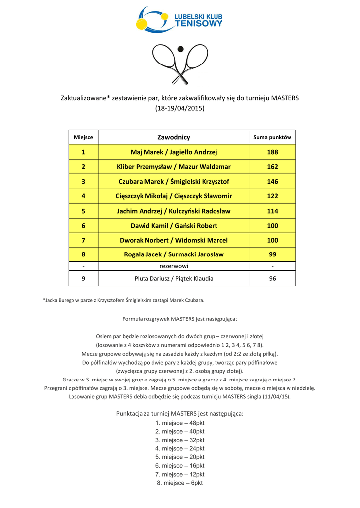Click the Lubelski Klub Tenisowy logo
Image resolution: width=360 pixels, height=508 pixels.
click(x=179, y=20)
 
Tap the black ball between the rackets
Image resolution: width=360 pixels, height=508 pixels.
click(x=180, y=49)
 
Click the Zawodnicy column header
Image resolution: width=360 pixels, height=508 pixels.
click(x=174, y=137)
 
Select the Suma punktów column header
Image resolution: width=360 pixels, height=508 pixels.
click(x=272, y=137)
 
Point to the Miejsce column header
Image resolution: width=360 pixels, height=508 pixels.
click(x=83, y=137)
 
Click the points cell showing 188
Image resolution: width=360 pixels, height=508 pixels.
click(x=272, y=152)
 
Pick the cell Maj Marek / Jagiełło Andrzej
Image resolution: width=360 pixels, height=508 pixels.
click(x=174, y=152)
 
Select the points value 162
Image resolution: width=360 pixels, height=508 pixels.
click(x=272, y=167)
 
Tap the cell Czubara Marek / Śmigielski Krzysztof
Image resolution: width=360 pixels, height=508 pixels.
click(x=174, y=182)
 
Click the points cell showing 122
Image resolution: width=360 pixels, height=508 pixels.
click(x=272, y=196)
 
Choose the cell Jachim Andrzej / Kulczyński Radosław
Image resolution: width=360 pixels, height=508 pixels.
click(x=174, y=211)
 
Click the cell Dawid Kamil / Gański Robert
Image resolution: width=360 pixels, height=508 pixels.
click(x=174, y=225)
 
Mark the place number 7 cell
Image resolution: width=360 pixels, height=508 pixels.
click(x=83, y=240)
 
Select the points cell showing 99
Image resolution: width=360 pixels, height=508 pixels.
click(x=272, y=254)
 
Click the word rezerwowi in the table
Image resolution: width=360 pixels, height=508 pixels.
click(x=174, y=266)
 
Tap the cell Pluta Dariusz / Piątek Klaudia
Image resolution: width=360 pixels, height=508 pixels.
click(x=174, y=279)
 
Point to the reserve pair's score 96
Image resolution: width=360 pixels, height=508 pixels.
click(x=272, y=279)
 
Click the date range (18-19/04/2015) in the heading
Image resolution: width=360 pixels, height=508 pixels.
click(x=180, y=108)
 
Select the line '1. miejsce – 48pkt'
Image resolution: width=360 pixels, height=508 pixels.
click(x=180, y=423)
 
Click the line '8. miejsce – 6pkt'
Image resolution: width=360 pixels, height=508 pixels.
click(x=180, y=483)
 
